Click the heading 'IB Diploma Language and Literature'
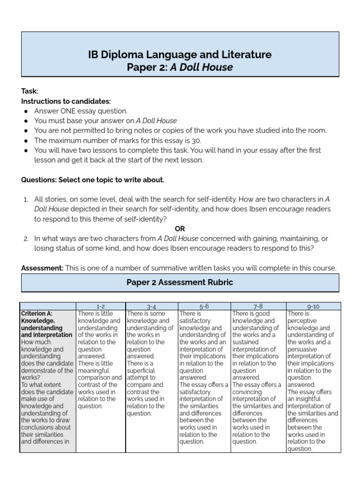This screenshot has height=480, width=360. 180,54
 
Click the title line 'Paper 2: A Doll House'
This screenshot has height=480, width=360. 180,67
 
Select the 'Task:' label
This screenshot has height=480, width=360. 29,91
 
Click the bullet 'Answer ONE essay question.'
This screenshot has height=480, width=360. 81,111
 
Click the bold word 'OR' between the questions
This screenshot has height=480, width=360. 180,229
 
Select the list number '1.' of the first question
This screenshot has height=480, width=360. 26,199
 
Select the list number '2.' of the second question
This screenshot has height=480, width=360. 26,239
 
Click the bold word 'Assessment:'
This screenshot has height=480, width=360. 42,268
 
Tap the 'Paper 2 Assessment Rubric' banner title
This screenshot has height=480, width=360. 180,283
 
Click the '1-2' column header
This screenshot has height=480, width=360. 100,306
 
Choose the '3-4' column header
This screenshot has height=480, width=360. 151,306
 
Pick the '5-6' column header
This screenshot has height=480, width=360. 204,306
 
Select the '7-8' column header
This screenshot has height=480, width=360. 258,306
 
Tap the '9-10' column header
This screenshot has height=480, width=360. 313,306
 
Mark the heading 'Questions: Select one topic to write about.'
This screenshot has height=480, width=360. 93,180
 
